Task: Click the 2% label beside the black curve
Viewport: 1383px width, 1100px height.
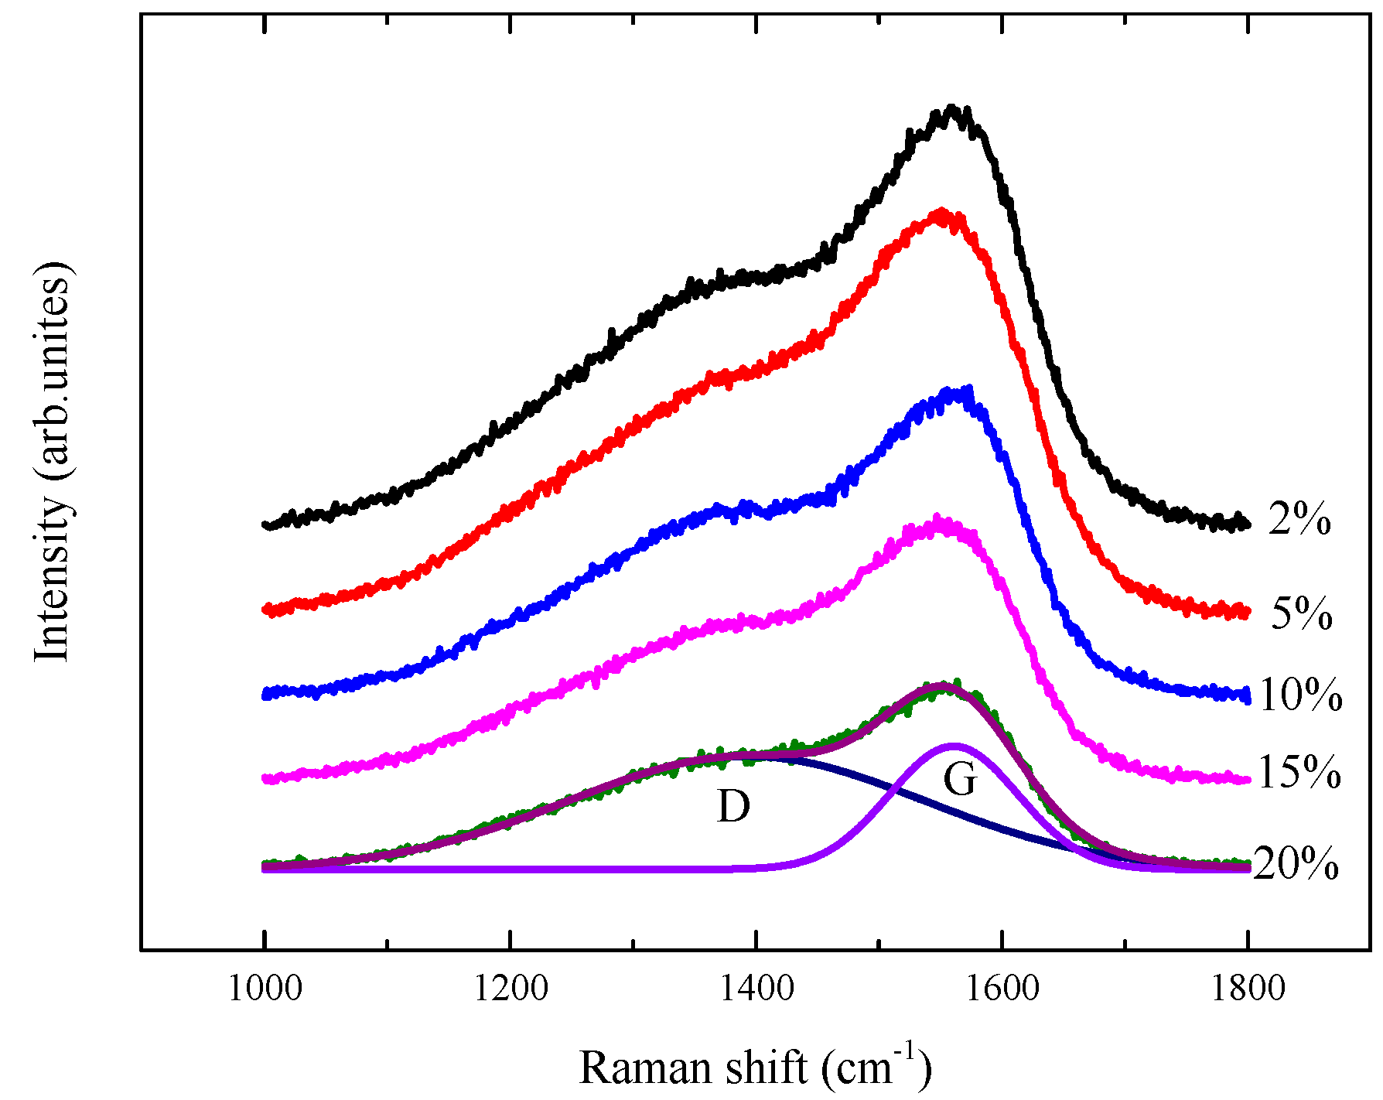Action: pyautogui.click(x=1299, y=520)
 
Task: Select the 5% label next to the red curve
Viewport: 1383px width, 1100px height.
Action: pyautogui.click(x=1302, y=614)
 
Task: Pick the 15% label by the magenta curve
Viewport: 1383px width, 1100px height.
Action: pyautogui.click(x=1299, y=773)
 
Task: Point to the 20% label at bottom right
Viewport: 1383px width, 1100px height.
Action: pyautogui.click(x=1296, y=864)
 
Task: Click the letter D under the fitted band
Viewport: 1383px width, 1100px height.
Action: pyautogui.click(x=733, y=806)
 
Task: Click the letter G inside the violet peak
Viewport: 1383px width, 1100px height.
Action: pyautogui.click(x=961, y=779)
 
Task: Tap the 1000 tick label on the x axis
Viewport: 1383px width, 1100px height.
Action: pyautogui.click(x=265, y=989)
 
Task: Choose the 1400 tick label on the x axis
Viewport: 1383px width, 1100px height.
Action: pyautogui.click(x=756, y=989)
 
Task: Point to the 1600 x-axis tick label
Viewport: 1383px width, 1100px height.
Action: pyautogui.click(x=1002, y=989)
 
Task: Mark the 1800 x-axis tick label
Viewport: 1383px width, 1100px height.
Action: pyautogui.click(x=1248, y=989)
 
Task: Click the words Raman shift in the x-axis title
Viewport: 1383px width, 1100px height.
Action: pyautogui.click(x=693, y=1068)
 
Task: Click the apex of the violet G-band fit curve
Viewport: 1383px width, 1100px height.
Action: pyautogui.click(x=954, y=745)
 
